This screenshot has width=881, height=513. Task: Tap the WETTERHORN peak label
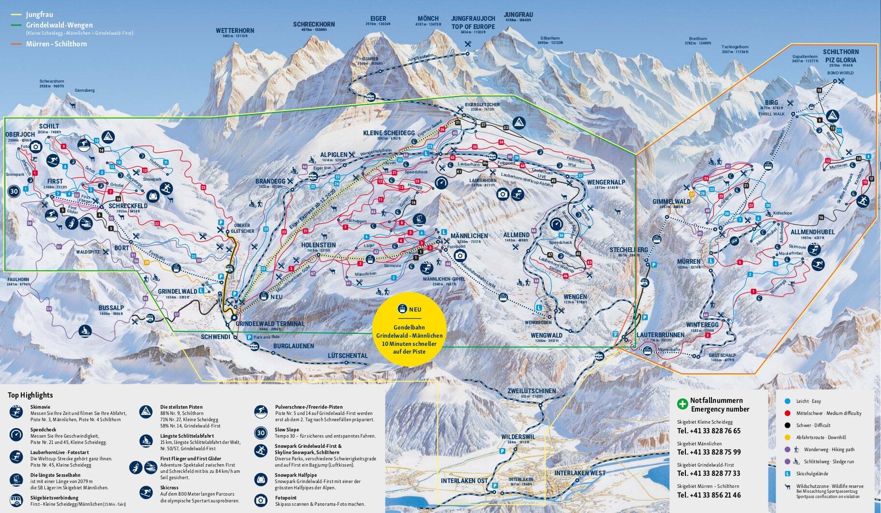235,30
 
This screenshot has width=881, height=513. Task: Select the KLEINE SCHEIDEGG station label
389,133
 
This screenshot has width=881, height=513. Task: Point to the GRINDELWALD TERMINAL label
270,324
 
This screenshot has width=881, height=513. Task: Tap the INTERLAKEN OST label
464,481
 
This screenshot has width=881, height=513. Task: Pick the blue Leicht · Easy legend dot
787,401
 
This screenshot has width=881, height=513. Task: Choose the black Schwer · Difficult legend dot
787,425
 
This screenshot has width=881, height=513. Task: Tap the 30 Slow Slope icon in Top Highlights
260,433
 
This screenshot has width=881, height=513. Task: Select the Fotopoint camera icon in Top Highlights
260,500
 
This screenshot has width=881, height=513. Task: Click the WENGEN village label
575,297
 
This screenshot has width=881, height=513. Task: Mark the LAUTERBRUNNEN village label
660,335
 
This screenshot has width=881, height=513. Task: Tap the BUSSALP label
111,308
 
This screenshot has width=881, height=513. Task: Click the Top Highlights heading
30,395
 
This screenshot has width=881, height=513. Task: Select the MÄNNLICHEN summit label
469,236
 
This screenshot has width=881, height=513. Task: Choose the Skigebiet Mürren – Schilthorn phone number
709,495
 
